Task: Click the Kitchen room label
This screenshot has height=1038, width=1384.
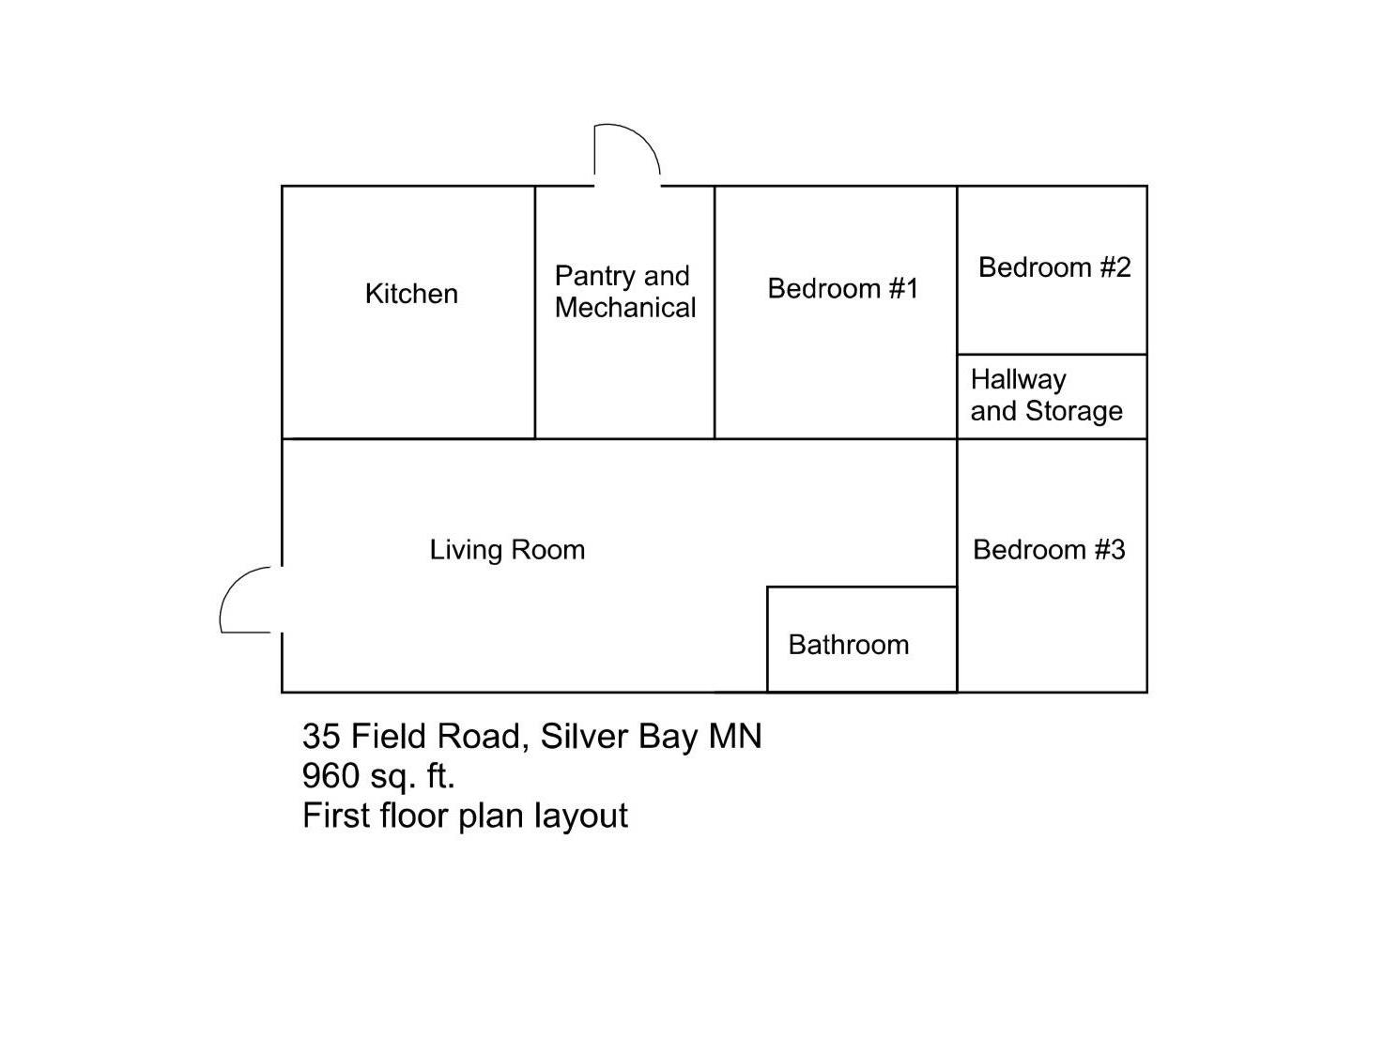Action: [411, 294]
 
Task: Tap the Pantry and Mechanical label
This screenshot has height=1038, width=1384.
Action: [624, 291]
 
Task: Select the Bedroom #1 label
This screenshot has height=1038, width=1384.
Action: [842, 288]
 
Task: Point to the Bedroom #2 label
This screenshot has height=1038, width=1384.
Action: [1054, 267]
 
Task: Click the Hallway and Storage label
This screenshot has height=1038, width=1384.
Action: [1046, 395]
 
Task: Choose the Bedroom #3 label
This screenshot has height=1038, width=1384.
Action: [1049, 549]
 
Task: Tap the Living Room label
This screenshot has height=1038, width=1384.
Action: [507, 549]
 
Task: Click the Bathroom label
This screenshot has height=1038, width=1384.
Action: [849, 645]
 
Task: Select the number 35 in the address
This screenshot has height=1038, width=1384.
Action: [321, 736]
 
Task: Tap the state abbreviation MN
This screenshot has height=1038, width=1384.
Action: [735, 736]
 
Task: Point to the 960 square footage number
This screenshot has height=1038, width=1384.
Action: [331, 776]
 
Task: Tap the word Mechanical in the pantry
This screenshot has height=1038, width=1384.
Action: [625, 308]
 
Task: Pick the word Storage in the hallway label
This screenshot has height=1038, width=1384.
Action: [1074, 411]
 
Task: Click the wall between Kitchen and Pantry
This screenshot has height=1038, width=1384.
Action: [535, 375]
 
